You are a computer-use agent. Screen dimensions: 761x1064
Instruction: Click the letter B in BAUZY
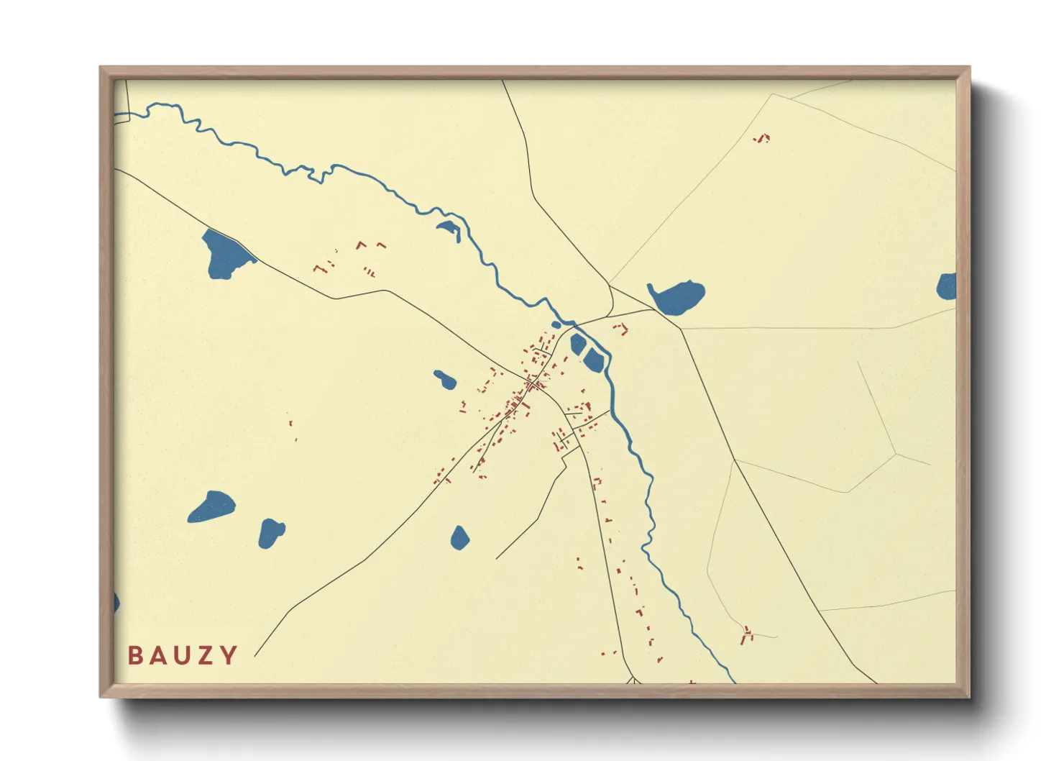(x=134, y=655)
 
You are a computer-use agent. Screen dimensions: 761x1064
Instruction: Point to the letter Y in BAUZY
(x=229, y=655)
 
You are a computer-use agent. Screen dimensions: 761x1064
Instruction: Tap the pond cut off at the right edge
(x=948, y=286)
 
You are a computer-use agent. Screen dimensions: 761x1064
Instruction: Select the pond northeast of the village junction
(x=678, y=297)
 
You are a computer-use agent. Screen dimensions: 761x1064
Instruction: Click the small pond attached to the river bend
(x=448, y=228)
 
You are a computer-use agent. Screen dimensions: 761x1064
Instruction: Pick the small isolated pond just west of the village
(x=445, y=379)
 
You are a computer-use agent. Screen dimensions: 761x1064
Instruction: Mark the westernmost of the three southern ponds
(x=212, y=506)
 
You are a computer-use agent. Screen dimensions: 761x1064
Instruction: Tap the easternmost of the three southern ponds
(x=460, y=537)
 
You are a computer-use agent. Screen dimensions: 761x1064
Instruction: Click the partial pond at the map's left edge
(x=116, y=602)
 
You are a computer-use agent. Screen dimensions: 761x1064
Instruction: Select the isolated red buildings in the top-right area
(x=762, y=137)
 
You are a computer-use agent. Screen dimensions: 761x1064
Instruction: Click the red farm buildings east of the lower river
(x=748, y=634)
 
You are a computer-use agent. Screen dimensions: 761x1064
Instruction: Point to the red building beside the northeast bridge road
(x=620, y=329)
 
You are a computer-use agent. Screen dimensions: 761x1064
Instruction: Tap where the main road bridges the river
(x=576, y=324)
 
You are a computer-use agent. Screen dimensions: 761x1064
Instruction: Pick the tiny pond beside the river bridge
(x=556, y=324)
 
